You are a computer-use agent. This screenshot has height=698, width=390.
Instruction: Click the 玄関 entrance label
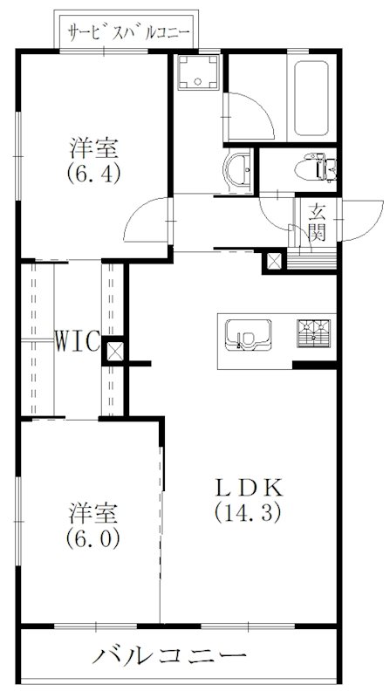[x=316, y=222]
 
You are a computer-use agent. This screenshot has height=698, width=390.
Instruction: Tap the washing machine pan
[x=196, y=75]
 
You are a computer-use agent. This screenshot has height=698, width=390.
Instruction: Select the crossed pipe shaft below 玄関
[x=275, y=260]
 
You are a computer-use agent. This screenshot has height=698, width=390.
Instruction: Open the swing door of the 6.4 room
[x=144, y=222]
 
